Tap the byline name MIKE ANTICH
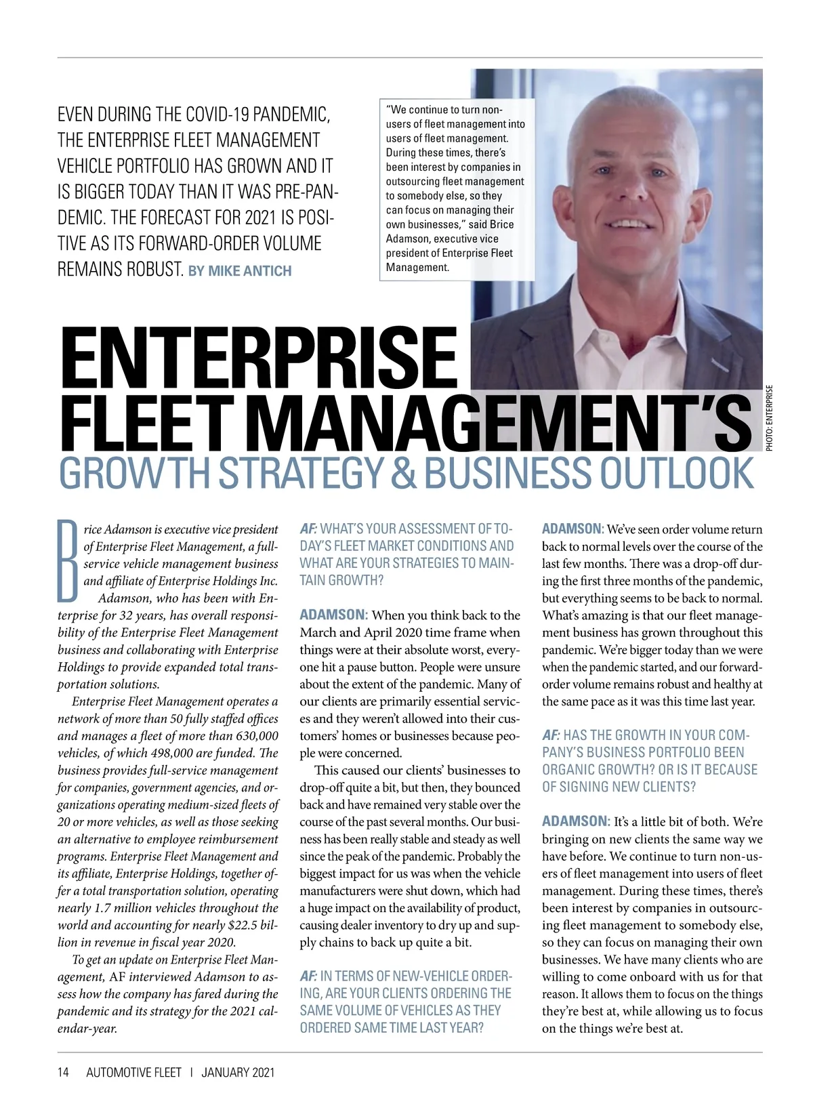(249, 271)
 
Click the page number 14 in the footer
(63, 1073)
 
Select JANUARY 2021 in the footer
(238, 1073)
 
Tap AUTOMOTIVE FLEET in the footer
(133, 1073)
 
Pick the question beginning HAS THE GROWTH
(649, 760)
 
